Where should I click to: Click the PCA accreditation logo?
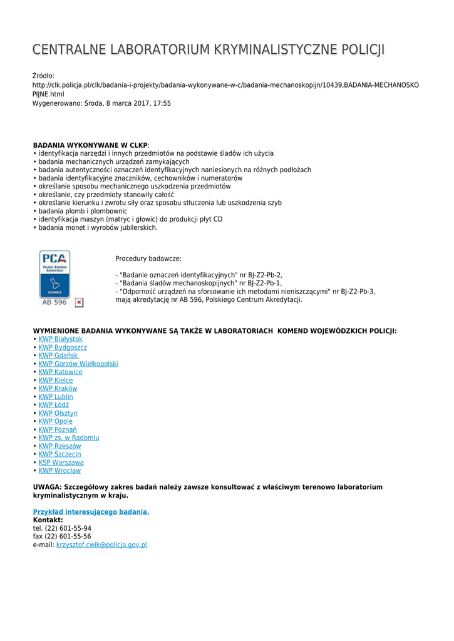click(x=54, y=278)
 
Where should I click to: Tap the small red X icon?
click(x=79, y=303)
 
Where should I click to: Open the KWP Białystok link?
click(x=61, y=339)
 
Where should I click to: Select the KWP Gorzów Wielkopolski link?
click(x=78, y=364)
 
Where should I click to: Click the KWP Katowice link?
click(x=60, y=372)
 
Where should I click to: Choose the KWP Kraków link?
click(x=58, y=388)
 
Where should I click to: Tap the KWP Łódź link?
click(x=54, y=405)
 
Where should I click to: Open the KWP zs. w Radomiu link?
click(x=69, y=438)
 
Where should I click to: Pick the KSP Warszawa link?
click(x=61, y=463)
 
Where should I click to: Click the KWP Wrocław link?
click(x=59, y=471)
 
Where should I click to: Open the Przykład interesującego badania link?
click(x=91, y=512)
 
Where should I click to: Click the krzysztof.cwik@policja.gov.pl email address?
click(x=101, y=545)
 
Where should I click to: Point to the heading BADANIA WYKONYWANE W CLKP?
click(x=90, y=145)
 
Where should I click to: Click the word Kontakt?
click(x=48, y=520)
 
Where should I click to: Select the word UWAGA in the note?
click(x=46, y=487)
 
